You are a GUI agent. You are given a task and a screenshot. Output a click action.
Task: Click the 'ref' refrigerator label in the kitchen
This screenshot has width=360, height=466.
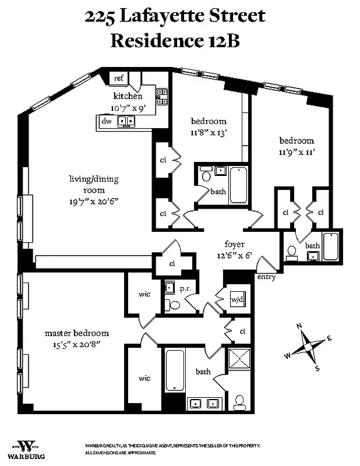(118, 78)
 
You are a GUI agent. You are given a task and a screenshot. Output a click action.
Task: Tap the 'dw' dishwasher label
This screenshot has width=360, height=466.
(107, 121)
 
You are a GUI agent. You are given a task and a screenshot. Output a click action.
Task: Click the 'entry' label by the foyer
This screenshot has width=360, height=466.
(266, 277)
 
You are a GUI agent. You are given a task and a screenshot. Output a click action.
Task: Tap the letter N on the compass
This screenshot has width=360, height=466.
(299, 326)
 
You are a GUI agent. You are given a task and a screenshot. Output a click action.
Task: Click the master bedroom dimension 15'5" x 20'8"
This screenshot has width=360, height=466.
(77, 344)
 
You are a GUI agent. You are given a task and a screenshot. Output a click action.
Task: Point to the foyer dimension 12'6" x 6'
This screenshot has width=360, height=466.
(235, 255)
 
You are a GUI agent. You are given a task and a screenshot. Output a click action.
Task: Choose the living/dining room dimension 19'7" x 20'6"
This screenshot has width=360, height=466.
(93, 200)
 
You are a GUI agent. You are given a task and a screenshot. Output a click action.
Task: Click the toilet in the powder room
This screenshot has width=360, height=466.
(173, 305)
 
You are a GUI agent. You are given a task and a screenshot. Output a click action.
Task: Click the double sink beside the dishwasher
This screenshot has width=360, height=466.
(126, 121)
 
